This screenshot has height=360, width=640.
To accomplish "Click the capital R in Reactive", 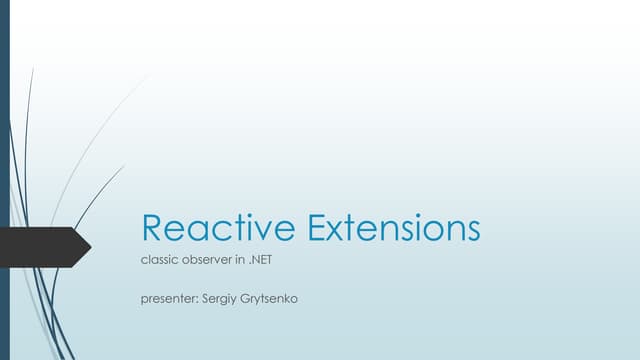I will point(152,228).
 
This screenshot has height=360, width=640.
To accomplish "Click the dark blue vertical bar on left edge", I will point(4,180).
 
